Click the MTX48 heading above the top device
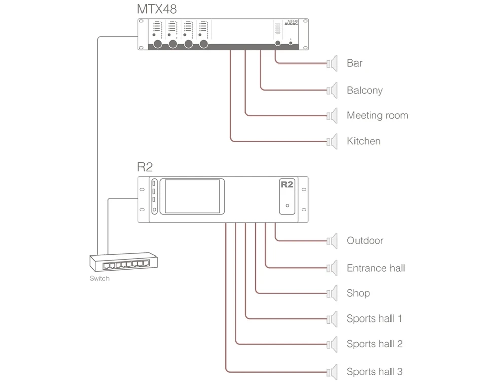(157, 9)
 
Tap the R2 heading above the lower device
(145, 167)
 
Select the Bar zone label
(354, 63)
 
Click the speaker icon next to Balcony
(332, 90)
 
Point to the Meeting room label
(377, 116)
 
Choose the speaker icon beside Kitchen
(332, 141)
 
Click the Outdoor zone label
(365, 241)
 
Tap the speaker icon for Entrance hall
(332, 268)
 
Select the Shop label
(358, 293)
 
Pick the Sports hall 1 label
(374, 319)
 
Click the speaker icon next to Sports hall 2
(332, 344)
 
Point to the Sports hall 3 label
(374, 372)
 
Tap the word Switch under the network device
(99, 278)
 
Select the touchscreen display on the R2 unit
(190, 196)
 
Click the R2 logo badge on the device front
(287, 184)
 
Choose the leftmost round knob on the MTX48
(158, 45)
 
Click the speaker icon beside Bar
(332, 63)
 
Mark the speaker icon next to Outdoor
(332, 240)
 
